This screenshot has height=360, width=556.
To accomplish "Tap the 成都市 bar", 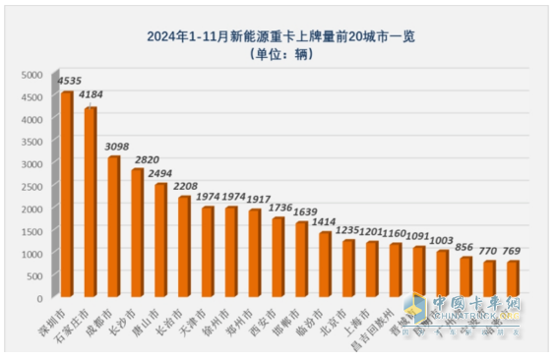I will [114, 226].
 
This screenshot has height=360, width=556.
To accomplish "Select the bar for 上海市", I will [372, 269].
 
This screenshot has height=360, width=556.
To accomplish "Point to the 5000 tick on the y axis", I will [32, 75].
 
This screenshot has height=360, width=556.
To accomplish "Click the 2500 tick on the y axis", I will [32, 186].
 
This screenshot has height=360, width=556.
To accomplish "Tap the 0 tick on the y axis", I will [39, 297].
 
